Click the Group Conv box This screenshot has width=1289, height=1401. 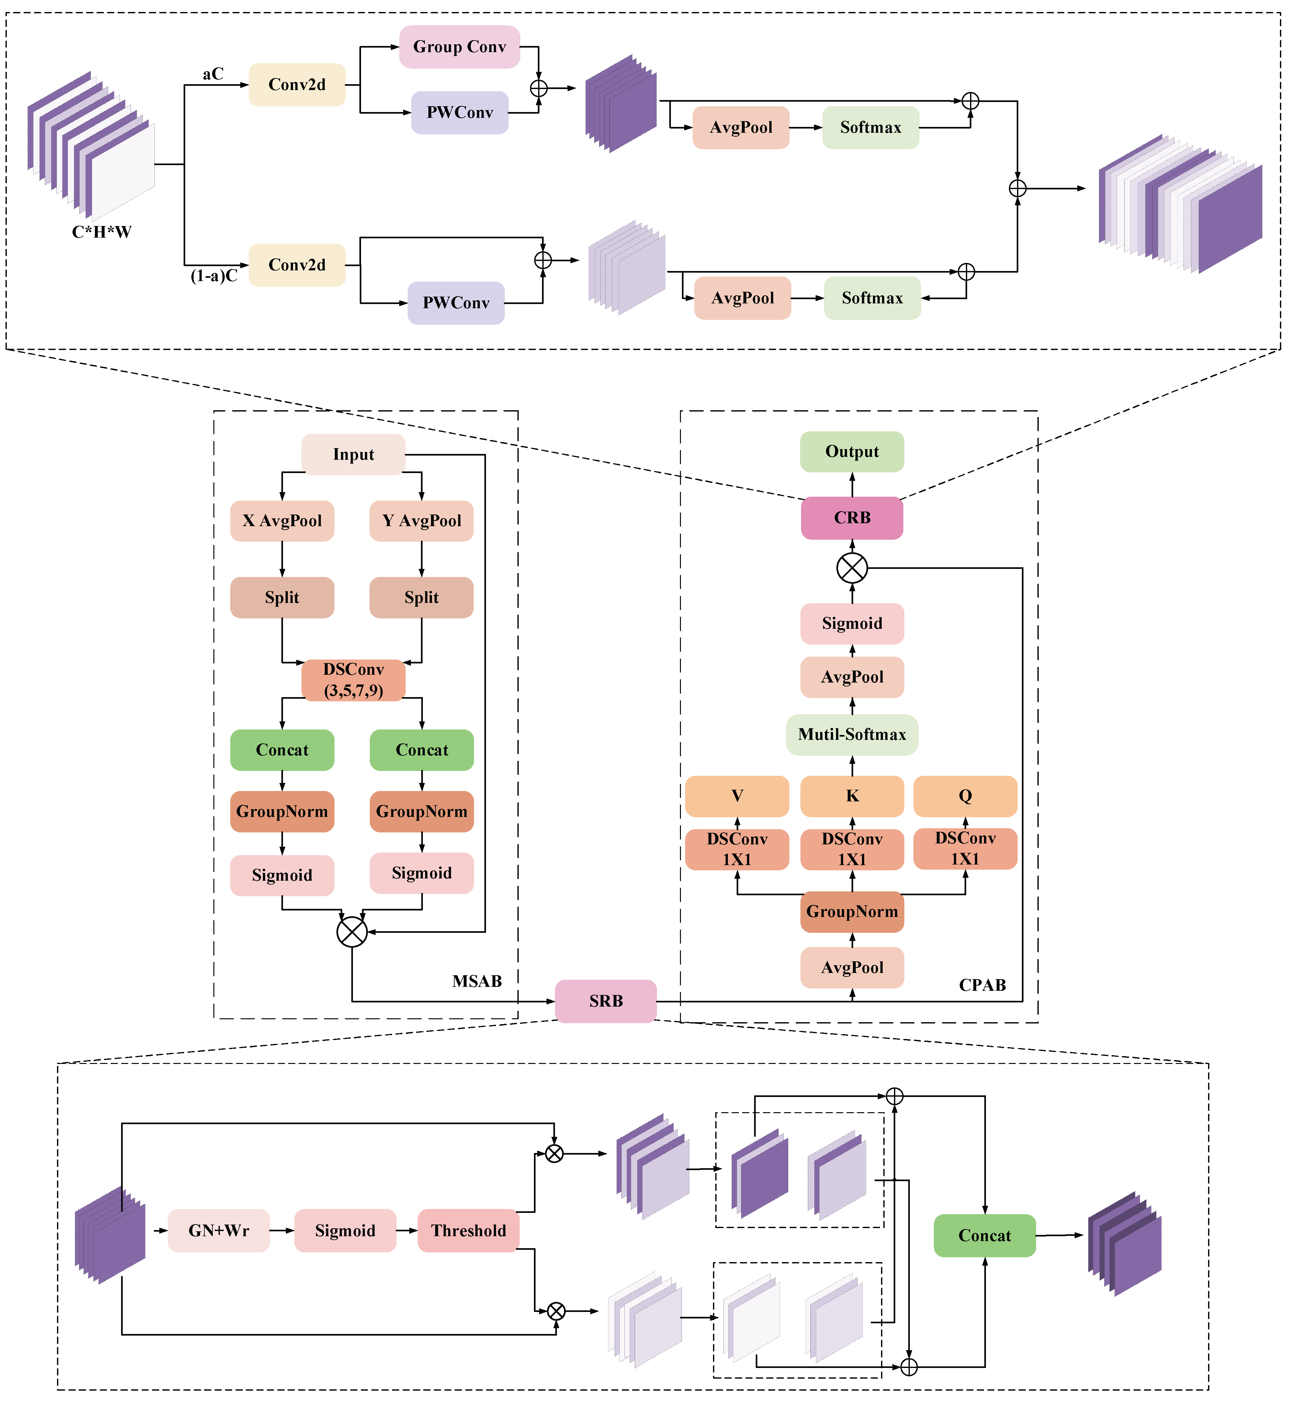point(459,47)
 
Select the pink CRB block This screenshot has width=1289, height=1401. point(852,517)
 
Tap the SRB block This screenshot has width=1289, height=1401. point(605,1001)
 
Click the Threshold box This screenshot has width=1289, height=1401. point(468,1230)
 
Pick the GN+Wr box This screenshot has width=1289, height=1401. point(218,1230)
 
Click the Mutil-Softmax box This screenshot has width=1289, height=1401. point(852,734)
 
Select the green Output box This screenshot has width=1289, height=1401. point(852,451)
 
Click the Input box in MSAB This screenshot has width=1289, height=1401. point(353,454)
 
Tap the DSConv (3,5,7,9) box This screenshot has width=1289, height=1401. point(353,680)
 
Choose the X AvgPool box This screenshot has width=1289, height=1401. point(282,520)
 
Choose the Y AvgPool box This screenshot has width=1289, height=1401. point(421,520)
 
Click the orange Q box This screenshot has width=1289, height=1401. point(965,796)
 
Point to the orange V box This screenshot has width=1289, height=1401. point(737,796)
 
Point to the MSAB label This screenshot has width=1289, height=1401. point(477,981)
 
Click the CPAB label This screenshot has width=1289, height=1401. point(982,985)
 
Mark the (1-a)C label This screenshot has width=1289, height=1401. point(214,276)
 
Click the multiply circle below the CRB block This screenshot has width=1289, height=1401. point(852,568)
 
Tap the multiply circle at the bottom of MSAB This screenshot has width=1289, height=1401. point(352,932)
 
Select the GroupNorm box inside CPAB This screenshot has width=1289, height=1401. point(852,911)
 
